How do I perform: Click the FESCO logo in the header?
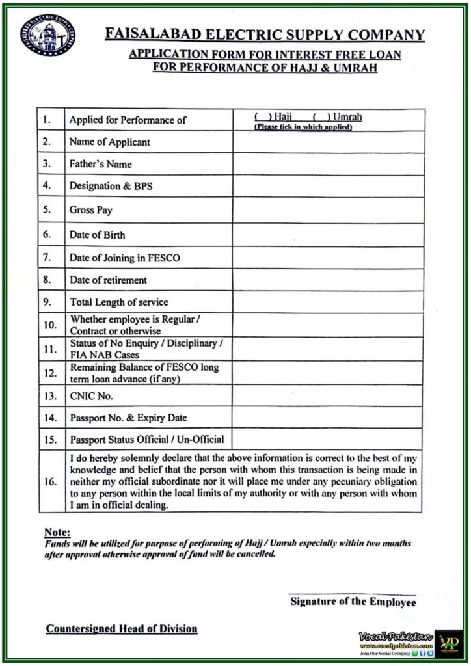pyautogui.click(x=47, y=35)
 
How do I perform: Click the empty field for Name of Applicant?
pyautogui.click(x=329, y=142)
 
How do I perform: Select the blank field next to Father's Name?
pyautogui.click(x=329, y=164)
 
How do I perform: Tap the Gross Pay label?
pyautogui.click(x=92, y=211)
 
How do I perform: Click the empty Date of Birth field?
pyautogui.click(x=329, y=235)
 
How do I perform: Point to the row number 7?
pyautogui.click(x=47, y=258)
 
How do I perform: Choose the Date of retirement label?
pyautogui.click(x=108, y=280)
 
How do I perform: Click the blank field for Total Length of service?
pyautogui.click(x=329, y=302)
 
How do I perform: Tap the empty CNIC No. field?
pyautogui.click(x=329, y=395)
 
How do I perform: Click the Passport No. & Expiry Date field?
pyautogui.click(x=329, y=418)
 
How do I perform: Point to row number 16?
pyautogui.click(x=50, y=482)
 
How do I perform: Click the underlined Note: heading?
pyautogui.click(x=57, y=532)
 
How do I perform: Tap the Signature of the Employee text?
pyautogui.click(x=353, y=602)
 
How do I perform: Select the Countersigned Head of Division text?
pyautogui.click(x=122, y=629)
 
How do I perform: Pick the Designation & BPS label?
pyautogui.click(x=111, y=186)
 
